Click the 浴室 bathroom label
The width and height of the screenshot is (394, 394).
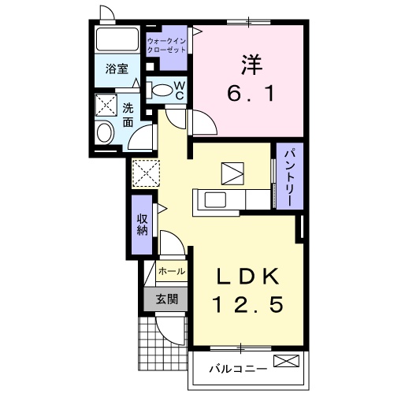117,69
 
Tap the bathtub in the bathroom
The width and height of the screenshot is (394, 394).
117,42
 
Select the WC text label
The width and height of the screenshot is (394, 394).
179,90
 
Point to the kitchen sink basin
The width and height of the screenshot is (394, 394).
216,199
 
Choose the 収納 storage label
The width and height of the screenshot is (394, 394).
142,224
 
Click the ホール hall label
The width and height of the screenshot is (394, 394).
172,271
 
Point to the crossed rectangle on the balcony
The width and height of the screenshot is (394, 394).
286,362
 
